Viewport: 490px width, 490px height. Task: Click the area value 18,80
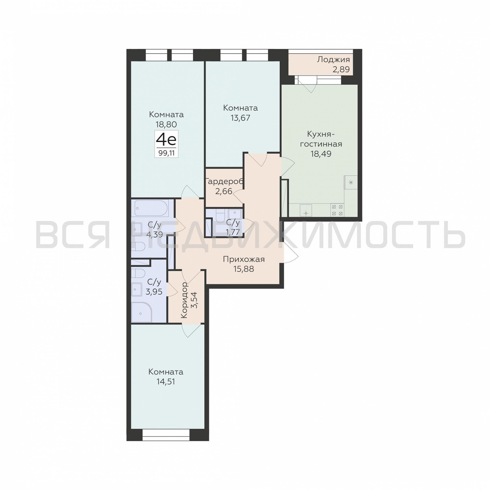166,124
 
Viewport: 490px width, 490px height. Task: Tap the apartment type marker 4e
166,139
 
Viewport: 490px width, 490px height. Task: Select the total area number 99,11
166,153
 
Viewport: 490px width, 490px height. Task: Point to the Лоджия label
333,60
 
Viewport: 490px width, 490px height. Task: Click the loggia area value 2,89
341,70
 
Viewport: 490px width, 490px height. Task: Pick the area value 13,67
240,118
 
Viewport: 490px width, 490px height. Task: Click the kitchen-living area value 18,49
321,154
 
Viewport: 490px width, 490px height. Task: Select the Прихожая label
244,259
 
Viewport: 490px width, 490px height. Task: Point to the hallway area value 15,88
244,269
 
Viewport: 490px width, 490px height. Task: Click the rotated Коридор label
184,300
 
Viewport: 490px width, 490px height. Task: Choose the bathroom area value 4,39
154,234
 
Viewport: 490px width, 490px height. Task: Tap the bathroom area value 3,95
154,292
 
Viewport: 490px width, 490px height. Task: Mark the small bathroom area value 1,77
233,232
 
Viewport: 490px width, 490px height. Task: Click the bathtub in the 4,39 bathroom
151,208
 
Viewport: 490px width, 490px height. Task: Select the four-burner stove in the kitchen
337,210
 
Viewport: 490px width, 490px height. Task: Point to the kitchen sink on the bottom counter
306,210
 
